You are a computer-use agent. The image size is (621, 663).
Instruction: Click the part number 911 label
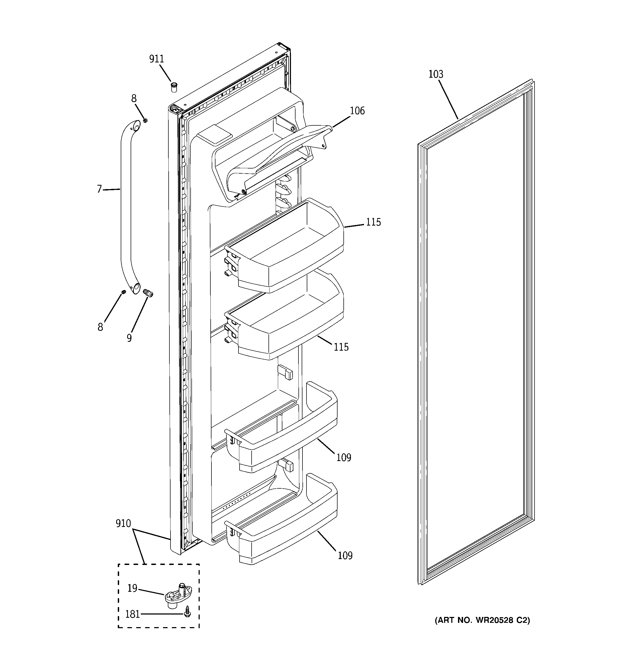pos(156,59)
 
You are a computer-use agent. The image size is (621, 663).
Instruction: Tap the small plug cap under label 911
pos(174,87)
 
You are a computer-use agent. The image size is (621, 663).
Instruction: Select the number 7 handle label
pos(99,189)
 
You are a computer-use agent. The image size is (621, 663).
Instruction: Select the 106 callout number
pos(357,111)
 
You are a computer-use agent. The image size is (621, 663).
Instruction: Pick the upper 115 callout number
pos(373,222)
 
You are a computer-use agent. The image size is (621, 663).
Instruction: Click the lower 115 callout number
pos(341,347)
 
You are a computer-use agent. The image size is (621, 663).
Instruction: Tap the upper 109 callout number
pos(344,458)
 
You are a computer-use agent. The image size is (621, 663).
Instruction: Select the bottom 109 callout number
pos(345,556)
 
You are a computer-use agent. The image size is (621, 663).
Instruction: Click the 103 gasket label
pos(436,74)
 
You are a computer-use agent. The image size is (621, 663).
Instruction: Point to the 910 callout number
pos(123,524)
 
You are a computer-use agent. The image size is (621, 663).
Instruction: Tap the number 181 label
pos(132,614)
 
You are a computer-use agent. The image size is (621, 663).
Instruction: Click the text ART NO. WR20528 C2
pos(482,620)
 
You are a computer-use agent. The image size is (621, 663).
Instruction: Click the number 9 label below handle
pos(129,338)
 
